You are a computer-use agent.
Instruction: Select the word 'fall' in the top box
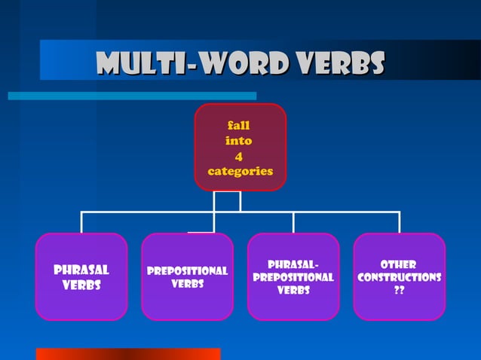(239, 126)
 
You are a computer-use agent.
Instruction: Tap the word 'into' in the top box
(239, 141)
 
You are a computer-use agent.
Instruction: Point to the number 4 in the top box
(239, 156)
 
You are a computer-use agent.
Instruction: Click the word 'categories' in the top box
(240, 171)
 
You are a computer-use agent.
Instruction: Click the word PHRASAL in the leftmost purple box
(81, 270)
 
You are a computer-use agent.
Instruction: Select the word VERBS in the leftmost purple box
(81, 285)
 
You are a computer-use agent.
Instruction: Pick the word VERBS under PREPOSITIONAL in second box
(187, 284)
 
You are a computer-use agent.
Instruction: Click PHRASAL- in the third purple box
(293, 264)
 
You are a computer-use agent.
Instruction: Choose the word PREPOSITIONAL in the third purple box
(293, 277)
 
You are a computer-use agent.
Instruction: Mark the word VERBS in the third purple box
(293, 290)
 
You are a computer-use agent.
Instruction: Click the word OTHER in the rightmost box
(399, 264)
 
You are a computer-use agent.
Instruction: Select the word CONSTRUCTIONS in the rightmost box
(399, 277)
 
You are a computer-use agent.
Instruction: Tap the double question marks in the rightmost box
(399, 291)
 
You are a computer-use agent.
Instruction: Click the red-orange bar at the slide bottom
(128, 354)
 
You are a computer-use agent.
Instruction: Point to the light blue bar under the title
(132, 96)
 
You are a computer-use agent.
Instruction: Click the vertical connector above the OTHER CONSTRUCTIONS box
(399, 222)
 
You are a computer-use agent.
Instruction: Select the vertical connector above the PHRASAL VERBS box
(81, 222)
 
